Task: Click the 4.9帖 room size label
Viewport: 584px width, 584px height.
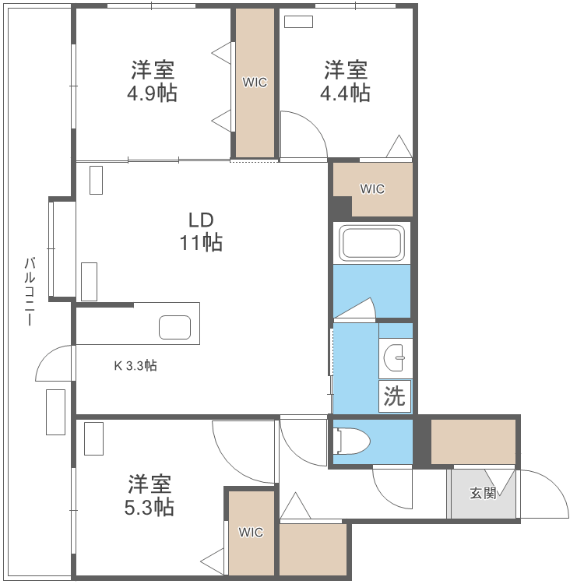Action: tap(153, 93)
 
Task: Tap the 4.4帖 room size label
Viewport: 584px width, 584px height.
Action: tap(346, 93)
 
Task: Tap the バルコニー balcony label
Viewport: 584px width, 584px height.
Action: tap(30, 291)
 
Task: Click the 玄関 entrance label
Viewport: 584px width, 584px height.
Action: tap(482, 493)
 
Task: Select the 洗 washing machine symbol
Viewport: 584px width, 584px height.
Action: tap(395, 396)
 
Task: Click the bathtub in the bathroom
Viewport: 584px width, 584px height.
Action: tap(372, 244)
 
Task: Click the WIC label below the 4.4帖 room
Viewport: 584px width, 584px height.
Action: tap(371, 188)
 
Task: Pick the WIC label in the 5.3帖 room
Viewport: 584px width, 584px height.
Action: tap(251, 533)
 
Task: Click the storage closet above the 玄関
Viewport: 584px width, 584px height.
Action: tap(473, 442)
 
